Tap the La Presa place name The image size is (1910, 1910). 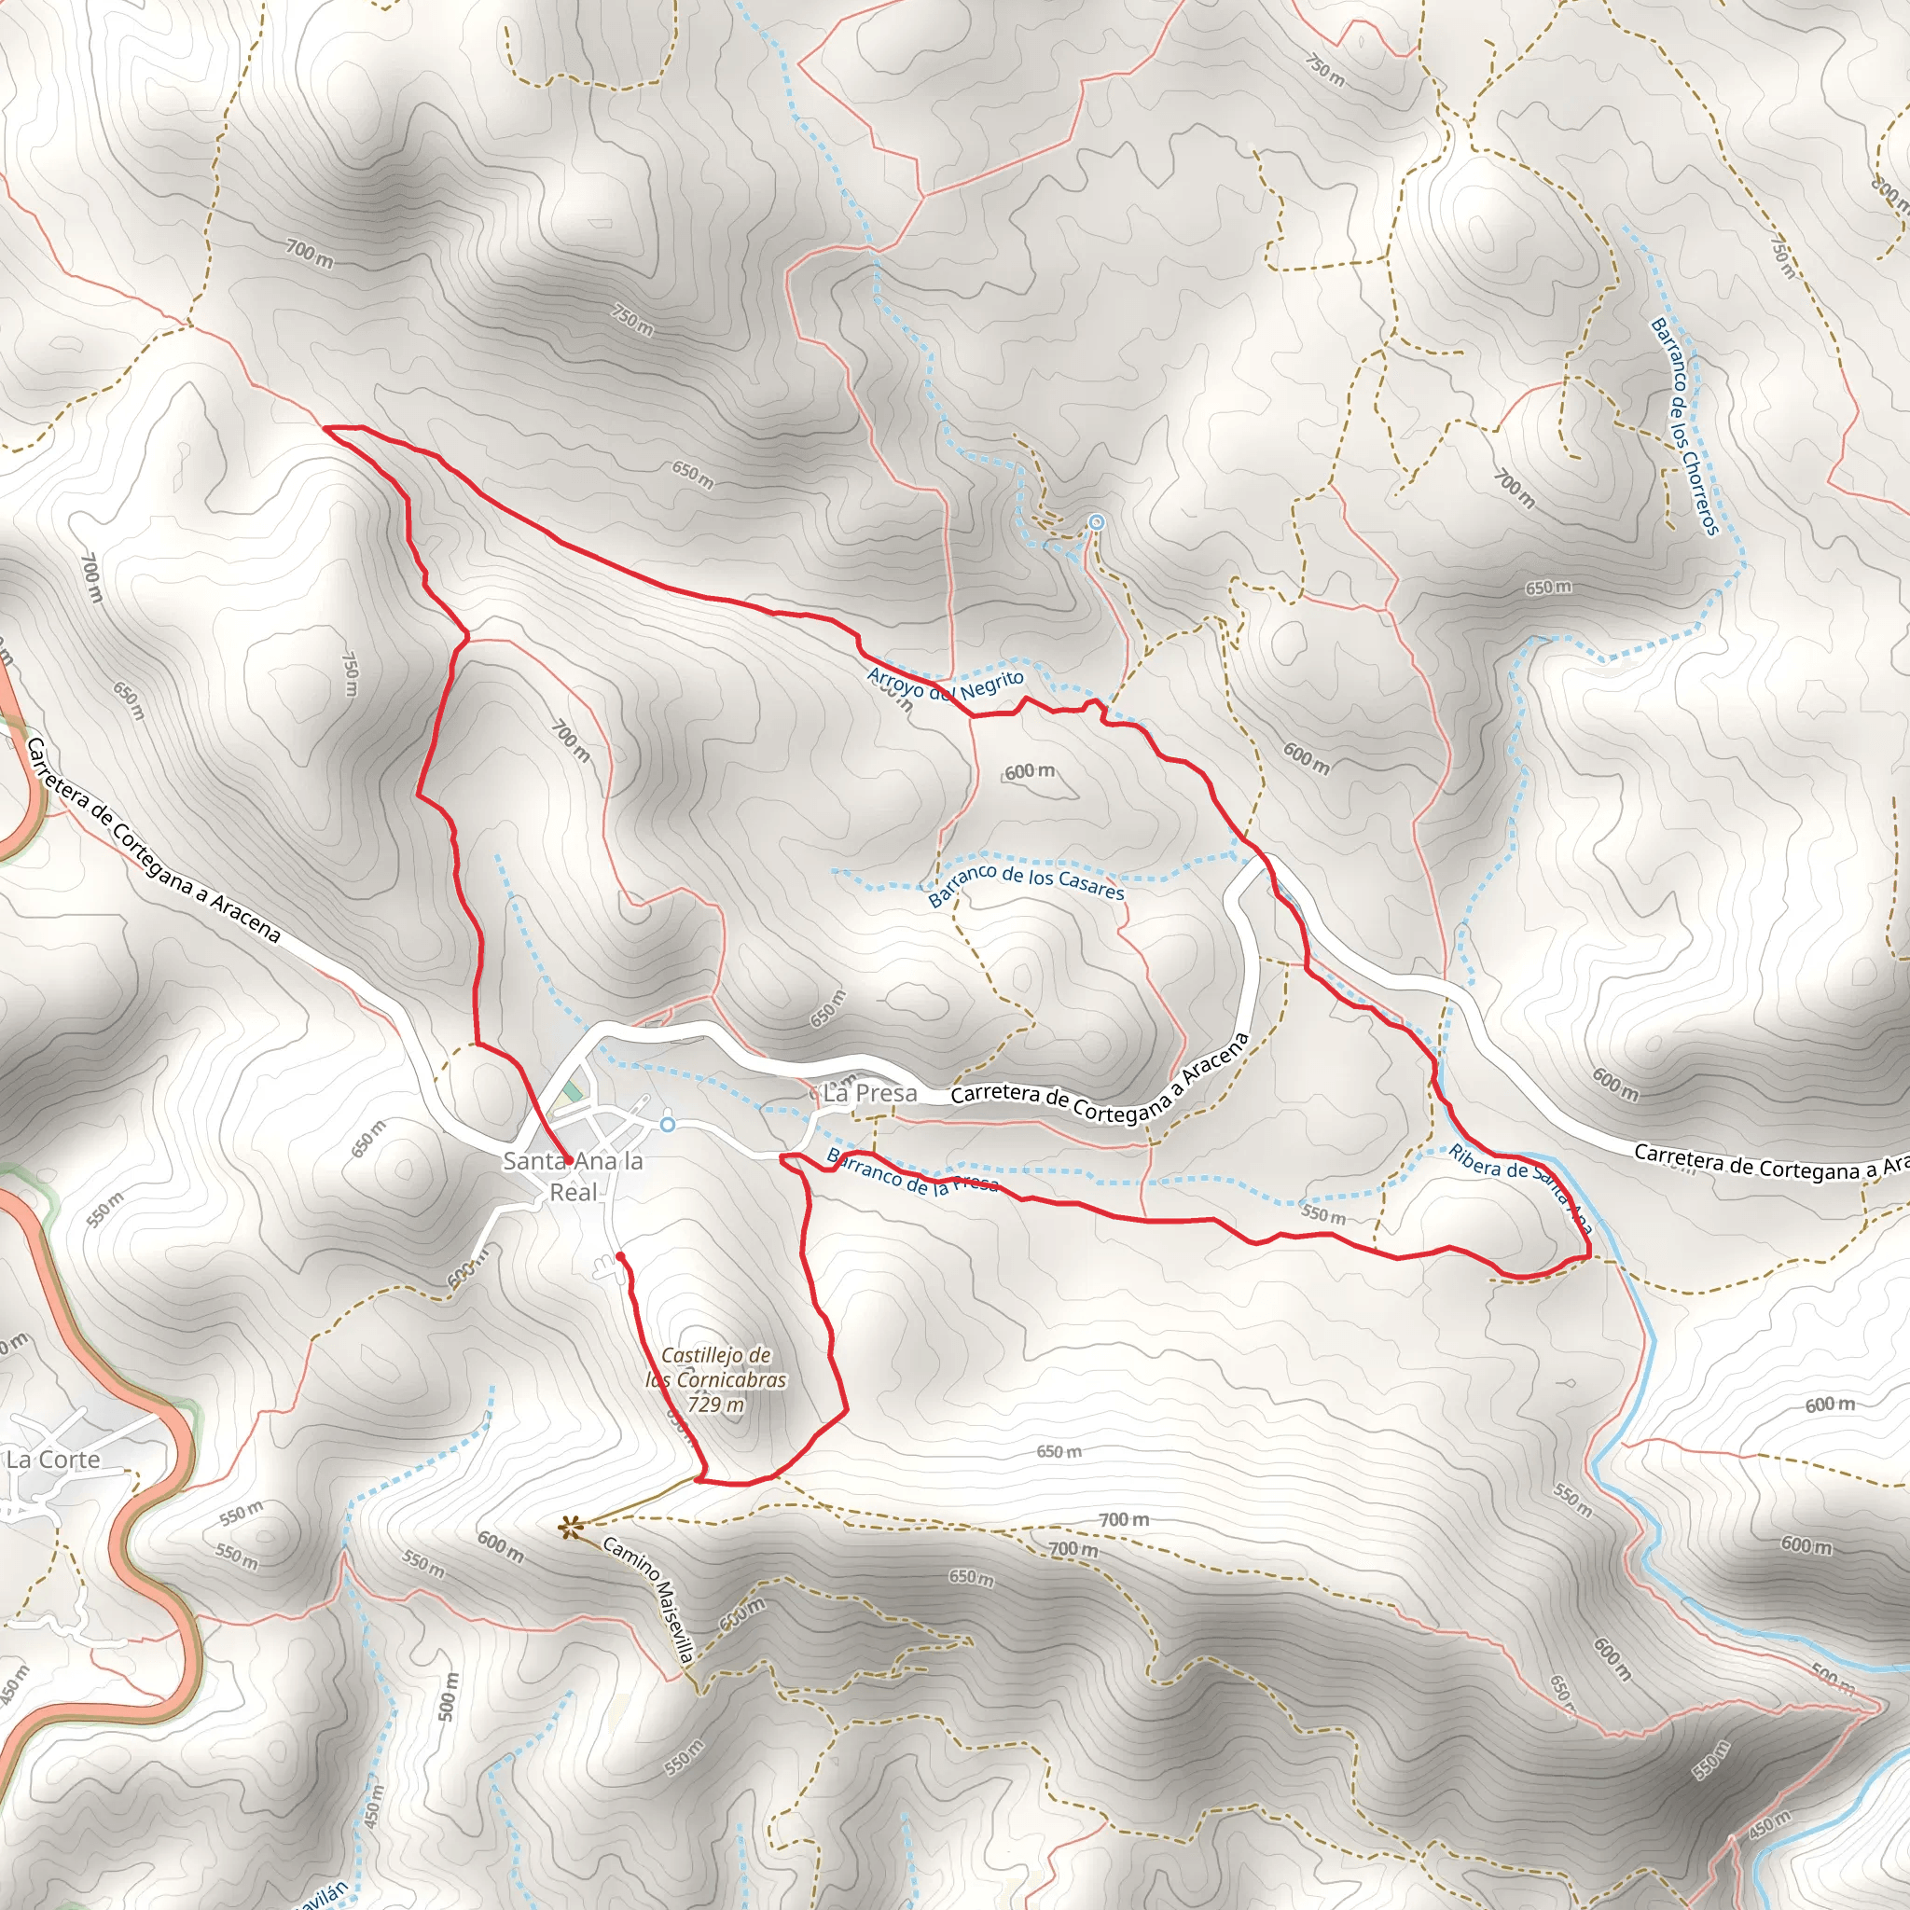point(869,1093)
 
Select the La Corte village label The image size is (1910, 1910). point(53,1460)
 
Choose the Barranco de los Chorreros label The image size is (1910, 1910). point(1684,426)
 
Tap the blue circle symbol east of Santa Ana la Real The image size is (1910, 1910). point(669,1124)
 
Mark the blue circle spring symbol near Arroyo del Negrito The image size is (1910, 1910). point(1096,522)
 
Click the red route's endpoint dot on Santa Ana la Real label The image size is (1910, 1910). point(569,1158)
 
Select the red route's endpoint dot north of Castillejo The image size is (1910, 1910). point(620,1255)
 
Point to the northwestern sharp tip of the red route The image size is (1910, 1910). point(326,427)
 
